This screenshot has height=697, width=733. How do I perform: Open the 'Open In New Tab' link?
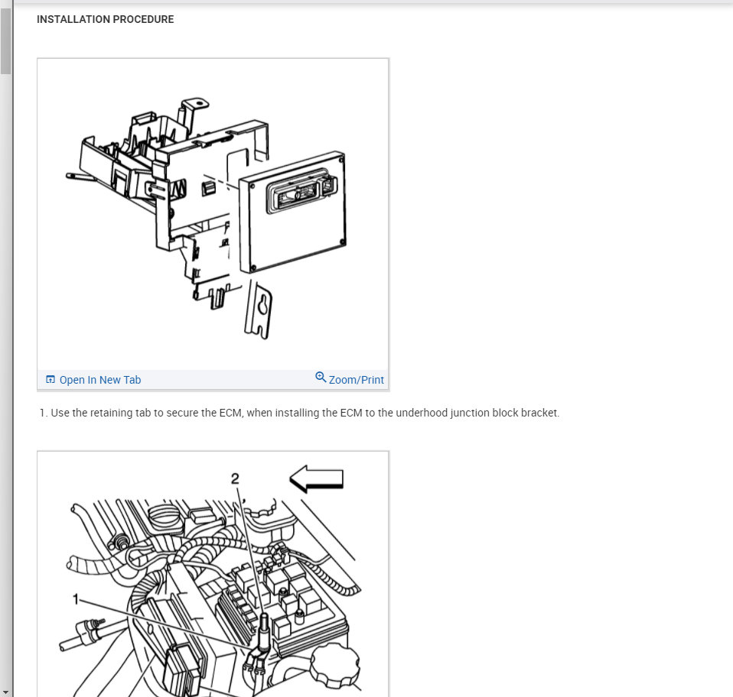tap(99, 380)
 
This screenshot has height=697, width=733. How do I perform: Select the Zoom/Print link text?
tap(356, 380)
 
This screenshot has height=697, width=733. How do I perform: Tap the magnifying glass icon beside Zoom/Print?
tap(321, 378)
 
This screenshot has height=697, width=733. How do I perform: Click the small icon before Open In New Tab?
tap(50, 380)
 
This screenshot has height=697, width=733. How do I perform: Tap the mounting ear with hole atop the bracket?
tap(195, 103)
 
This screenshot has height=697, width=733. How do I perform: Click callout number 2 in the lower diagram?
tap(235, 478)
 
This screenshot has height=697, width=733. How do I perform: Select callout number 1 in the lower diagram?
tap(76, 598)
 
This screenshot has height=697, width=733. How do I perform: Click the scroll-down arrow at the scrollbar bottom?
tap(6, 692)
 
